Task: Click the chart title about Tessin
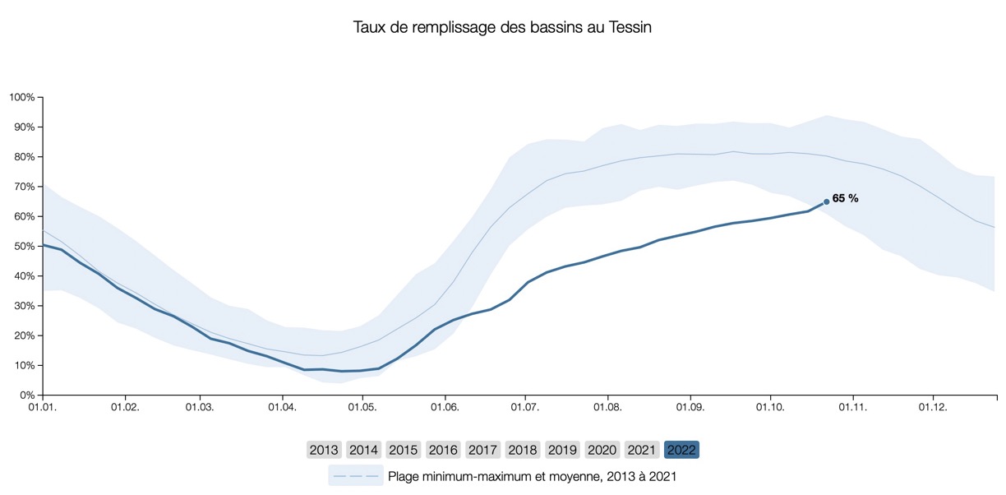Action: [502, 27]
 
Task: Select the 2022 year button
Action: [681, 450]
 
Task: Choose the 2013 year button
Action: [324, 450]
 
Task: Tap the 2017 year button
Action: [482, 450]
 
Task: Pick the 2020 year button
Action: [602, 450]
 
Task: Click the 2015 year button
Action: [403, 450]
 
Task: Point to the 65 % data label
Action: [846, 198]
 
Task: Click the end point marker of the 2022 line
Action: [826, 201]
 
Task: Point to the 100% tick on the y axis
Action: [21, 97]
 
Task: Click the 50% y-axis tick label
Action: [24, 246]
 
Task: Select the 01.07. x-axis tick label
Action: [524, 406]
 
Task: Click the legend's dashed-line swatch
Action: [356, 475]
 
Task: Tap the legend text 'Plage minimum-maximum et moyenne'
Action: [532, 475]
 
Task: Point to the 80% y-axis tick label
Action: [24, 156]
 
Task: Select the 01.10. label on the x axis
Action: [769, 406]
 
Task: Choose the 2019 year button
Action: [562, 450]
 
